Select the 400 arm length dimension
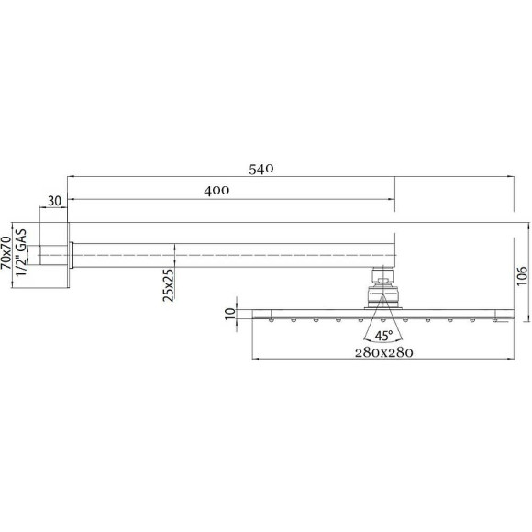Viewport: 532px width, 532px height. point(216,189)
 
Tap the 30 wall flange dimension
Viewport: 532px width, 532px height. point(54,201)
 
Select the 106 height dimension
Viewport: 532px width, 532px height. point(522,272)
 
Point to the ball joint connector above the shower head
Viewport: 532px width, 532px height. point(383,286)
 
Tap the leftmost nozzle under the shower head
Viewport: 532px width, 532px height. point(272,320)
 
